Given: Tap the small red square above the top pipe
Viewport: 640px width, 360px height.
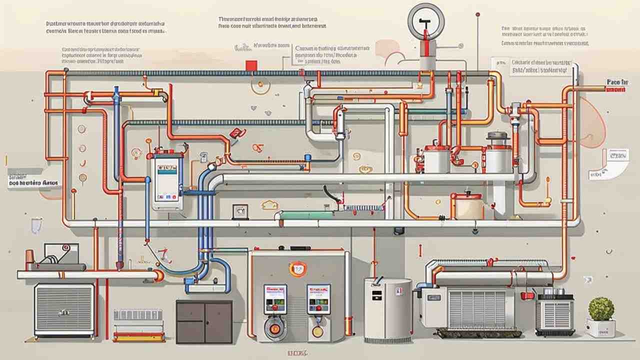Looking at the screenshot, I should click(251, 65).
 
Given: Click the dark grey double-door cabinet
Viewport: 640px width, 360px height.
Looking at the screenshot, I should click(204, 321).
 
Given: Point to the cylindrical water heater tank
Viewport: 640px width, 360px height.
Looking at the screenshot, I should click(387, 310).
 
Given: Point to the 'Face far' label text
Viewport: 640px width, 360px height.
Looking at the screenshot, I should click(617, 81).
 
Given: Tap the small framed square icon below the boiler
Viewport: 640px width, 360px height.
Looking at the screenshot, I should click(239, 211).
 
